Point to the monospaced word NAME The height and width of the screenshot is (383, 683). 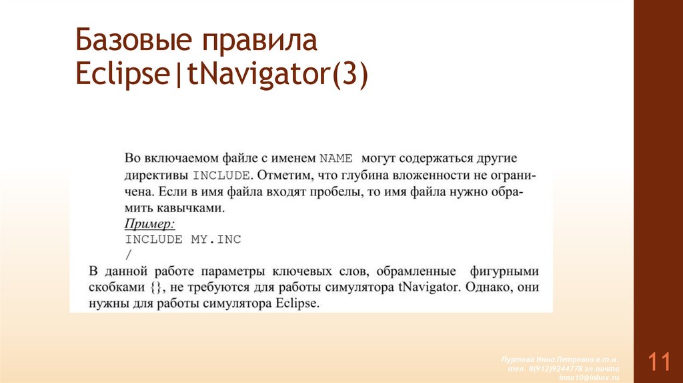[337, 159]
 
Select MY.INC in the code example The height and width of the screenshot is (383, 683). [216, 239]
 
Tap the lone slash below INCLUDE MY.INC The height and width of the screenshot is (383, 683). [128, 254]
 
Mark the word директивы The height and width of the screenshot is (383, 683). [155, 176]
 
